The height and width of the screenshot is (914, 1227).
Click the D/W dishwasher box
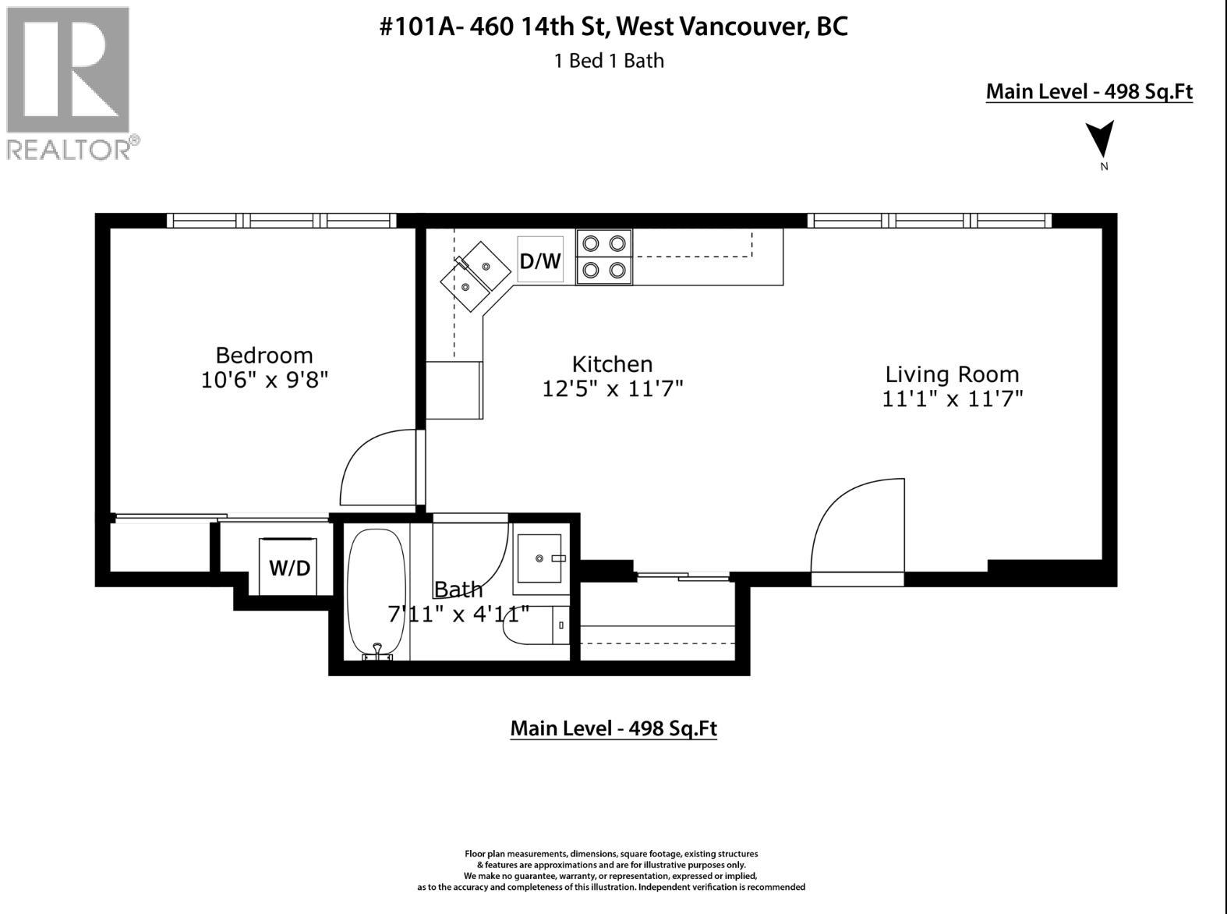point(540,260)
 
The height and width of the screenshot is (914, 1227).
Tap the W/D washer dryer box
point(288,567)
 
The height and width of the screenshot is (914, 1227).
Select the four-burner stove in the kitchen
point(604,257)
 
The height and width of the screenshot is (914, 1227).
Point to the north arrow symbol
point(1101,140)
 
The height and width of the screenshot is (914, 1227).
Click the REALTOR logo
point(69,82)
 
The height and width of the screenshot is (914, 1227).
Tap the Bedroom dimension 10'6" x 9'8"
point(264,381)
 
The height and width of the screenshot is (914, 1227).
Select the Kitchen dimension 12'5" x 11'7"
point(613,388)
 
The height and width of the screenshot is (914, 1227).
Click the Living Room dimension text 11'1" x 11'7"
point(952,399)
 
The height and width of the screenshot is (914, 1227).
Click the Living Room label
point(952,374)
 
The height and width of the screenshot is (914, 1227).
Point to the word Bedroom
point(264,356)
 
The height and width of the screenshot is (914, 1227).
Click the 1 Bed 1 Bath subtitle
point(609,61)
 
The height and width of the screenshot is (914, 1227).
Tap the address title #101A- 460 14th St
point(613,27)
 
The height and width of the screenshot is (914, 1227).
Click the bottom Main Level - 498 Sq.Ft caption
point(613,728)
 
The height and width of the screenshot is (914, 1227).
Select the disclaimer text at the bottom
point(612,870)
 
